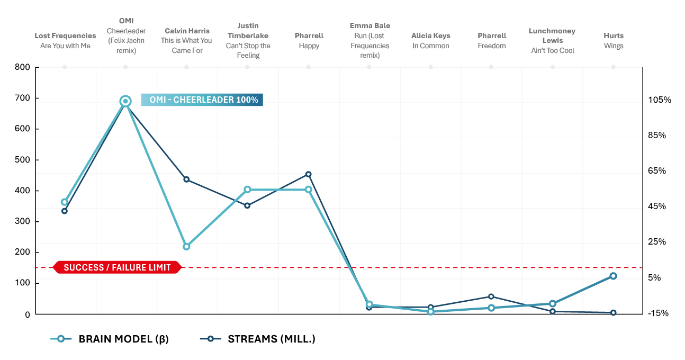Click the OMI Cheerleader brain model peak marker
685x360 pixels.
coord(125,101)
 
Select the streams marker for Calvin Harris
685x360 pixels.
coord(186,179)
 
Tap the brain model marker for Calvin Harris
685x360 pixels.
coord(186,247)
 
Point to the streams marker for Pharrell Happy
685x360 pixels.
coord(309,174)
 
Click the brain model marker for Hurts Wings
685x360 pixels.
coord(613,276)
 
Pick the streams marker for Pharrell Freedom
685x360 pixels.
coord(491,296)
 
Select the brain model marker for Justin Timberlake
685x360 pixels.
coord(247,190)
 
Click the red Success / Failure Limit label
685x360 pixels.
coord(118,267)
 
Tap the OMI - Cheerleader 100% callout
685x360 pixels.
coord(202,100)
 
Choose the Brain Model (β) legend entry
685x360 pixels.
coord(110,339)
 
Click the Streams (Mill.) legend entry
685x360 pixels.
coord(258,339)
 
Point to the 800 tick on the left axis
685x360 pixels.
coord(22,67)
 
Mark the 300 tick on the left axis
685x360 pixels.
coord(22,222)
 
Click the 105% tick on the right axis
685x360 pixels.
coord(660,100)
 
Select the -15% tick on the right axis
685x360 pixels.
coord(658,313)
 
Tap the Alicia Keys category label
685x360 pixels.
coord(430,41)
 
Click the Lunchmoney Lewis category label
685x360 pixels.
coord(552,41)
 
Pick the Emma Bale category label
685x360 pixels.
coord(369,40)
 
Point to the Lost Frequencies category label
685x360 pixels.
coord(65,41)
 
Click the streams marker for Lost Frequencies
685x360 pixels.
coord(65,211)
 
